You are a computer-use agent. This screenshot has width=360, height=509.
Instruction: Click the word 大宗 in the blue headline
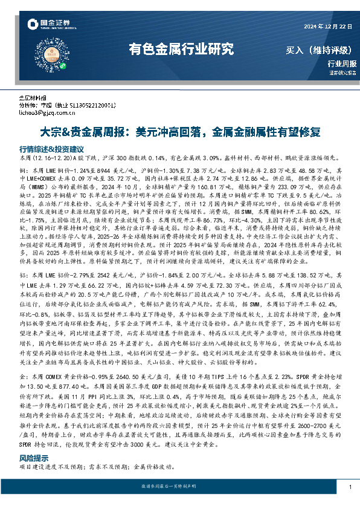[50, 131]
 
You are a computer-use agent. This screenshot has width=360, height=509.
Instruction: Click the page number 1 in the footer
[350, 487]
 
